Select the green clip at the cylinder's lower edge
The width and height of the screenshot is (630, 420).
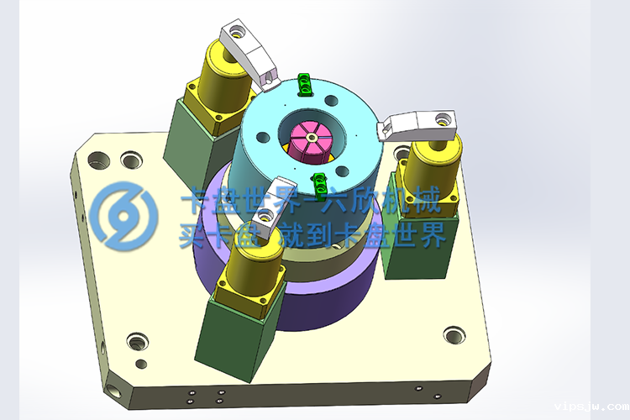320,186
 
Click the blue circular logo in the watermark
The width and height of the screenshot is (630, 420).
123,216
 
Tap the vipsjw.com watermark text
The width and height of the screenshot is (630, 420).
591,407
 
